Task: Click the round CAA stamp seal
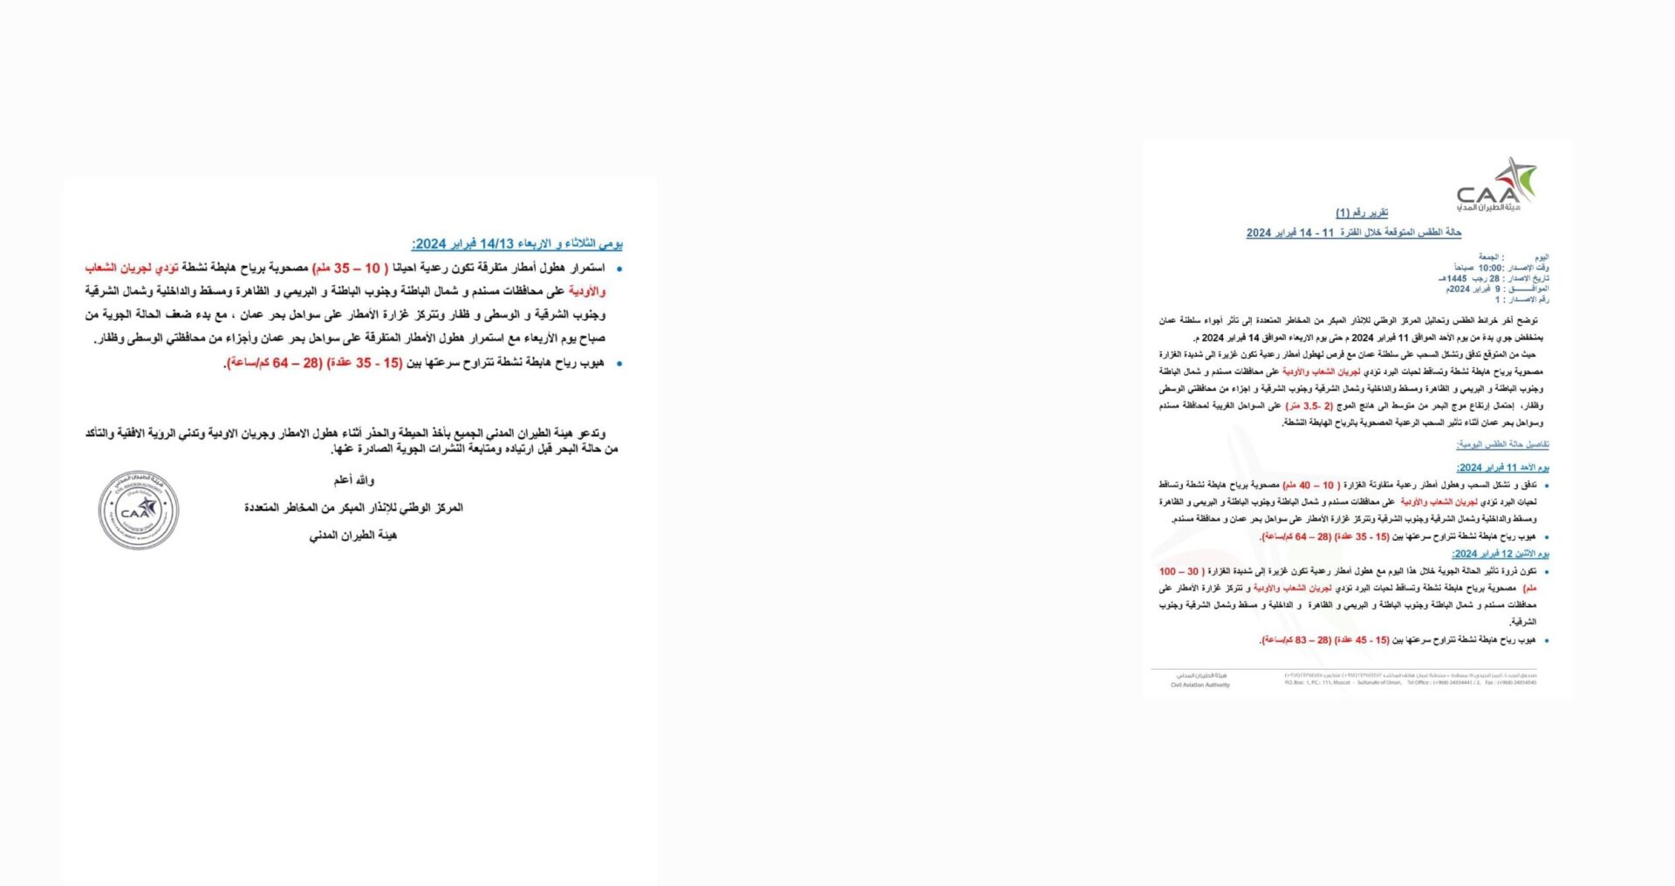click(x=138, y=511)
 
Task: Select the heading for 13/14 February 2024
click(x=516, y=244)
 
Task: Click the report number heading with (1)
click(x=1361, y=213)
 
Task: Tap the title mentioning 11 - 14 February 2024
click(x=1353, y=233)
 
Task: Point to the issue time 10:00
click(x=1490, y=268)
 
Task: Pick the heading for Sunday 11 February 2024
click(x=1502, y=467)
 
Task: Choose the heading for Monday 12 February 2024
click(x=1500, y=554)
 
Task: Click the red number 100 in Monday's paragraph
click(x=1167, y=571)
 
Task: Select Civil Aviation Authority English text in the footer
click(x=1200, y=685)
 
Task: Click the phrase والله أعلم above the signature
click(x=353, y=480)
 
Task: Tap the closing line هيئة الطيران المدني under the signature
click(x=352, y=535)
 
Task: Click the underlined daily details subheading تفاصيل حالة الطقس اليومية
click(x=1502, y=445)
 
